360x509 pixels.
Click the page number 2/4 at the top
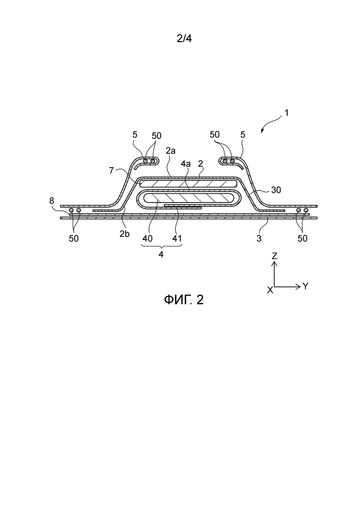click(184, 39)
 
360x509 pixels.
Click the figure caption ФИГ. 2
click(184, 299)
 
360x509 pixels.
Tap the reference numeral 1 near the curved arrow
click(286, 113)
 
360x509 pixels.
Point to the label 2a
click(170, 150)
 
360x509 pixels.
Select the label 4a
click(186, 164)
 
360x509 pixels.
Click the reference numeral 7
click(111, 170)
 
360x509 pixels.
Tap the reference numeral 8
click(52, 201)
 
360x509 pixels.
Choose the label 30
click(276, 190)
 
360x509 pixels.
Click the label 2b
click(124, 234)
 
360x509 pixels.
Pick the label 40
click(147, 238)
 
